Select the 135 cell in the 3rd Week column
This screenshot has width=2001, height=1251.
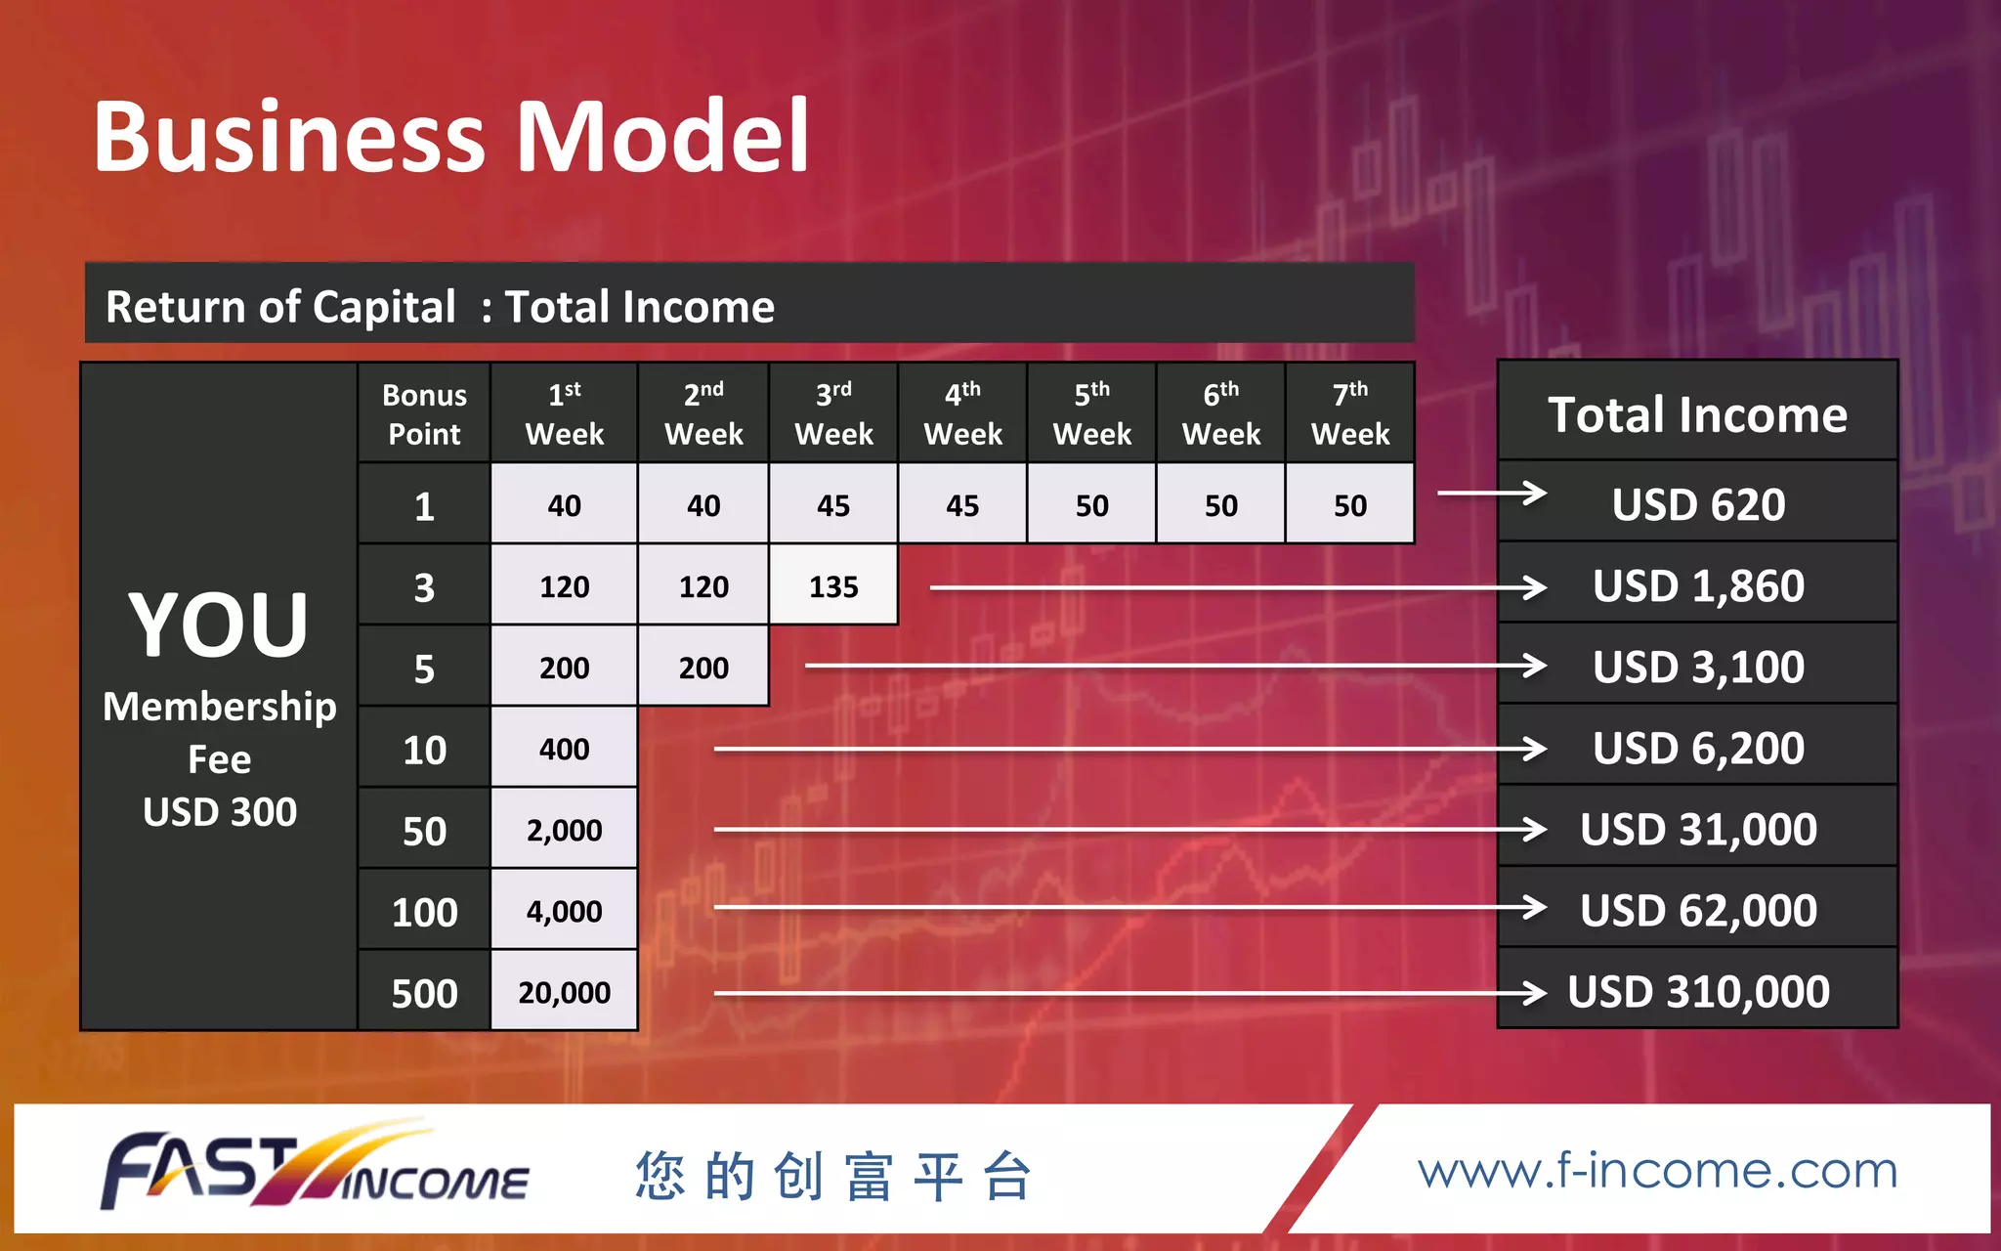point(833,586)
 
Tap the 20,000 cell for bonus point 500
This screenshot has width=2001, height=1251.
point(564,993)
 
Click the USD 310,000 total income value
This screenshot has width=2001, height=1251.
point(1698,992)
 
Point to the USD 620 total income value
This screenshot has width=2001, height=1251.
point(1698,505)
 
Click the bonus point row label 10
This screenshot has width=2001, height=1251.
point(424,750)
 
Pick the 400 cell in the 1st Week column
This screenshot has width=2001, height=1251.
point(564,750)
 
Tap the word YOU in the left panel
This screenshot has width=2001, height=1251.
point(219,625)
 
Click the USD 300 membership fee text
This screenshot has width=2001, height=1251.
point(220,812)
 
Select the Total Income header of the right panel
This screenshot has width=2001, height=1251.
point(1698,414)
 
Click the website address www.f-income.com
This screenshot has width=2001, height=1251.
point(1657,1171)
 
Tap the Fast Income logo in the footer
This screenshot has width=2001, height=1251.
point(316,1170)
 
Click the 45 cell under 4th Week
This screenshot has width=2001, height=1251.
point(962,505)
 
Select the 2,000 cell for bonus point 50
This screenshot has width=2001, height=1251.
point(564,831)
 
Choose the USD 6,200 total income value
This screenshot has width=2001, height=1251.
point(1698,749)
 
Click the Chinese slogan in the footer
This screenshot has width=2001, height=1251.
point(833,1176)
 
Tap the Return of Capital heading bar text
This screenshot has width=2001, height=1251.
point(440,307)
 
